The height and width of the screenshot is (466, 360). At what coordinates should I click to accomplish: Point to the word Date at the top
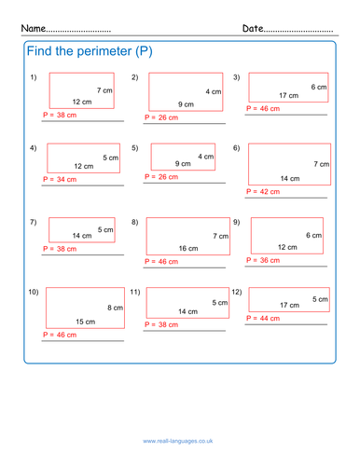[254, 29]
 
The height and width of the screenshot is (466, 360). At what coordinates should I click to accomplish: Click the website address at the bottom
[180, 439]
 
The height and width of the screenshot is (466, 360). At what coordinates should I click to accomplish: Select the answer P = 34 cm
[60, 178]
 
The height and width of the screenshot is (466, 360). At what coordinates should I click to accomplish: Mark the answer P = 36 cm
[263, 260]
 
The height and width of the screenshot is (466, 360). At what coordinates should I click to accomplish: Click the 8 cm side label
[115, 308]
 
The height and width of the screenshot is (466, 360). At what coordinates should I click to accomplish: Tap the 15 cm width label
[85, 322]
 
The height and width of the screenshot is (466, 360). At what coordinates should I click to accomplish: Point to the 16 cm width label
[188, 249]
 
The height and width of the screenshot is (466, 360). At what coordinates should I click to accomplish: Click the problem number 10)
[34, 292]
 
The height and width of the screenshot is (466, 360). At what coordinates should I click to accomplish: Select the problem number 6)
[236, 147]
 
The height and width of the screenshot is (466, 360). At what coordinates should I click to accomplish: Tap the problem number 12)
[237, 292]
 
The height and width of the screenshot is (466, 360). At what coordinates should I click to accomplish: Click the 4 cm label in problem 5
[205, 156]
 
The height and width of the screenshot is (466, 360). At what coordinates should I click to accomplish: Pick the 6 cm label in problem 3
[318, 87]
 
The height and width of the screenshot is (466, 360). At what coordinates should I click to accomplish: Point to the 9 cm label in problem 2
[186, 104]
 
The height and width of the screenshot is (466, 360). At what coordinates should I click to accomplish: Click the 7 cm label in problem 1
[104, 90]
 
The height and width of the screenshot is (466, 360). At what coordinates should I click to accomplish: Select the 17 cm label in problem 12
[288, 305]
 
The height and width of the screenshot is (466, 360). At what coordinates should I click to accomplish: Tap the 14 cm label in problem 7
[82, 236]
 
